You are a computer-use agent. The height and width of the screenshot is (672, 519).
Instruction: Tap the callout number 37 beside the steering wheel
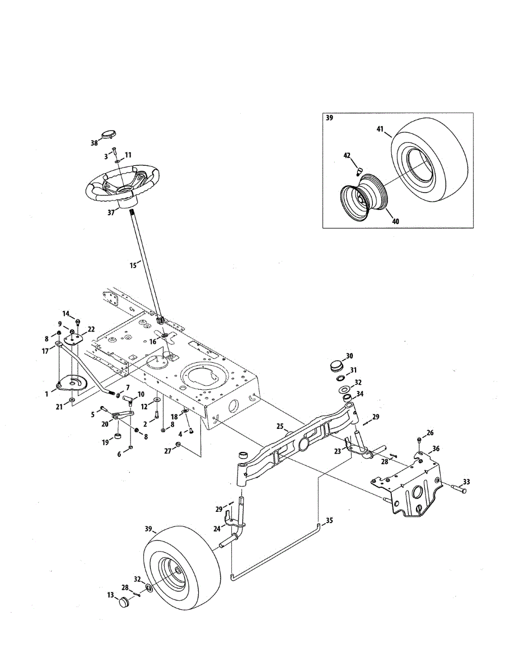click(111, 212)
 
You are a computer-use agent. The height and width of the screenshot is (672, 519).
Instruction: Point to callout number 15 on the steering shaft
click(133, 265)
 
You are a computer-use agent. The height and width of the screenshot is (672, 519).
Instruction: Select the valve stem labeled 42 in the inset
click(359, 171)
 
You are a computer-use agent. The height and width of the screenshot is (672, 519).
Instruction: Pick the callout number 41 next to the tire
click(380, 129)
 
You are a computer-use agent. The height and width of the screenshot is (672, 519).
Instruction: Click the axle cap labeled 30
click(335, 367)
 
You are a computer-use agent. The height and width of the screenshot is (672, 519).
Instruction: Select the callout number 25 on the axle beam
click(280, 427)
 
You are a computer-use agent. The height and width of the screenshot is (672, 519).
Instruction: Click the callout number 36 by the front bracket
click(436, 449)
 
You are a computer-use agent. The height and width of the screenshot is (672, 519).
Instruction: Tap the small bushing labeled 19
click(118, 437)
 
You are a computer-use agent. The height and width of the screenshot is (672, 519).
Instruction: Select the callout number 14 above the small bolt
click(66, 314)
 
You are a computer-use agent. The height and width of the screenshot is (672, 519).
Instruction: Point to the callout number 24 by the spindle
click(217, 529)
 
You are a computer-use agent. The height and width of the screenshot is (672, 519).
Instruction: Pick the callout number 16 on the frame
click(153, 342)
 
